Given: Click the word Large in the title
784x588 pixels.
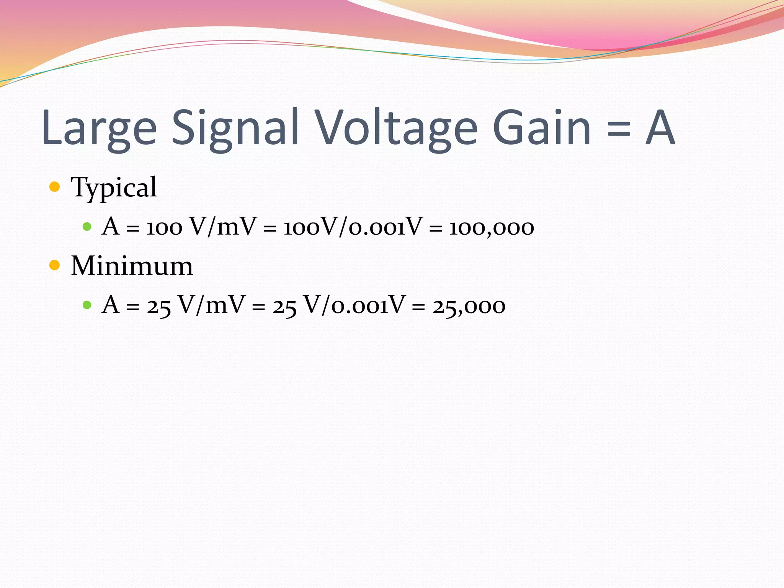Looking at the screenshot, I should (x=99, y=128).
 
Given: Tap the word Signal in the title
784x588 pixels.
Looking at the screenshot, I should (x=235, y=128).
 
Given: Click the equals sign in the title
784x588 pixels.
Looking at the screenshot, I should (x=618, y=129).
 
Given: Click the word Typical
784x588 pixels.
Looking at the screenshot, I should (x=114, y=188).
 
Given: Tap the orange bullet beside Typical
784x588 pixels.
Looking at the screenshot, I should (x=55, y=187).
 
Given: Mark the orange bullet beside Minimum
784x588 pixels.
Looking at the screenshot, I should (x=55, y=265).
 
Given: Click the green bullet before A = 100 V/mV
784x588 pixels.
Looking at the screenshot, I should (x=87, y=227).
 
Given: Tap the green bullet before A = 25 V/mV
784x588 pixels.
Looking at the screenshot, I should (x=87, y=305).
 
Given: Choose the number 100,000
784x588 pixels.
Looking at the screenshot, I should (x=492, y=227).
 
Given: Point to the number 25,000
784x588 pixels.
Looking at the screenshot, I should (x=469, y=306).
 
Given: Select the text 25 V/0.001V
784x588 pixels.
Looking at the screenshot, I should (x=338, y=305).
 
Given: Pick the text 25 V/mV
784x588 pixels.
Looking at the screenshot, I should (x=196, y=305).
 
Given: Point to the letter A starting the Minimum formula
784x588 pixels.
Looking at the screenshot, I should (x=111, y=305).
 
